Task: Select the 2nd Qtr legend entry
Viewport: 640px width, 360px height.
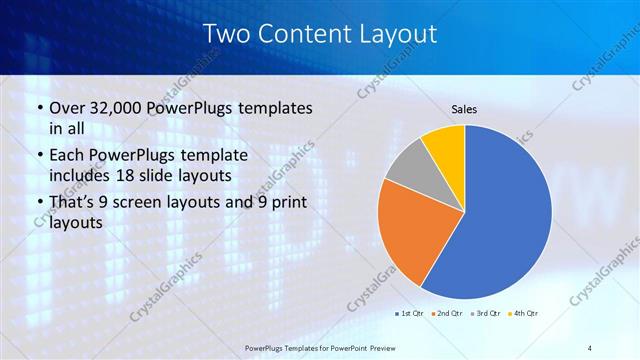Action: click(x=447, y=314)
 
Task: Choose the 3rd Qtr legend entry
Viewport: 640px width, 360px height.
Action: click(x=487, y=314)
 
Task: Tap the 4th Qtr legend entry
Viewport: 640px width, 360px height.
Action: click(x=525, y=314)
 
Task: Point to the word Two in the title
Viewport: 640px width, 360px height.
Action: click(x=226, y=33)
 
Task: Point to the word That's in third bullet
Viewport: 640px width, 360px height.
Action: click(x=71, y=203)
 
